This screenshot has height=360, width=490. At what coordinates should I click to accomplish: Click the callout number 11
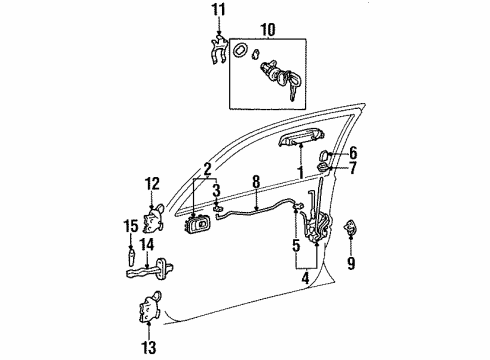point(219,10)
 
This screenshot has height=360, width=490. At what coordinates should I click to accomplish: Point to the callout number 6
point(352,152)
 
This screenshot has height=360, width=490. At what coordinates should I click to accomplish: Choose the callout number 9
point(350,264)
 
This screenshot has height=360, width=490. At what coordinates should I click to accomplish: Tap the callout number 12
point(152,183)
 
